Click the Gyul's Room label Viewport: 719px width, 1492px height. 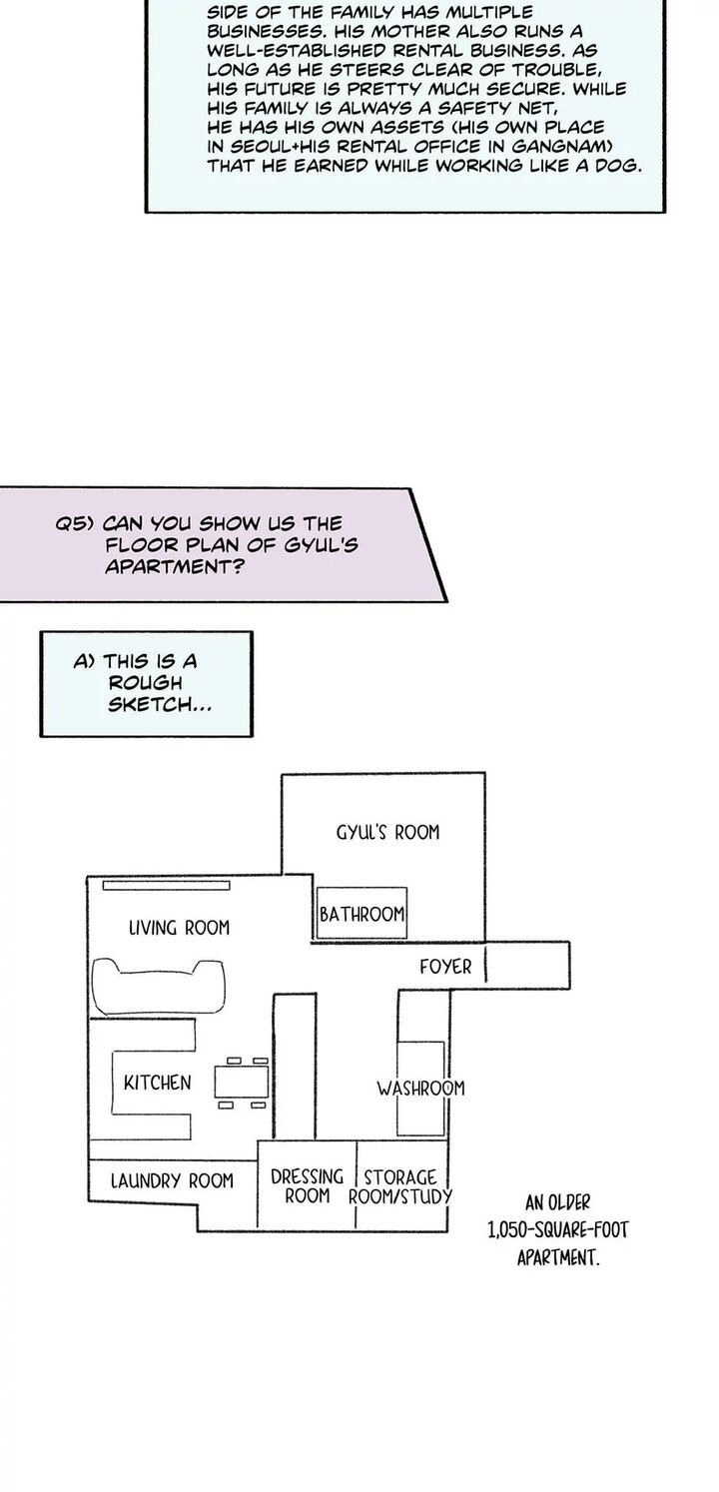pos(387,832)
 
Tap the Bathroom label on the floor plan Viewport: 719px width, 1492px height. pos(361,914)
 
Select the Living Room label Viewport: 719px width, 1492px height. pos(179,928)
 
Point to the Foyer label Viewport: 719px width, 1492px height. pos(445,967)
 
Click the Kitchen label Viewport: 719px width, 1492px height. pos(157,1083)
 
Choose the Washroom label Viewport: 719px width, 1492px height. pos(420,1088)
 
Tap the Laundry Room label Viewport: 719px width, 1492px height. pos(172,1180)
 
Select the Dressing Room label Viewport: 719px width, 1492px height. pos(307,1185)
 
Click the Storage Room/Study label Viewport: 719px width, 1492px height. pos(400,1186)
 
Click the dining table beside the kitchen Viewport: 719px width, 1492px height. pos(243,1082)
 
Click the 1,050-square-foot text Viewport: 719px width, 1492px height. pos(557,1230)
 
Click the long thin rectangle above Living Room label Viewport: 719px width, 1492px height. pos(167,884)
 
